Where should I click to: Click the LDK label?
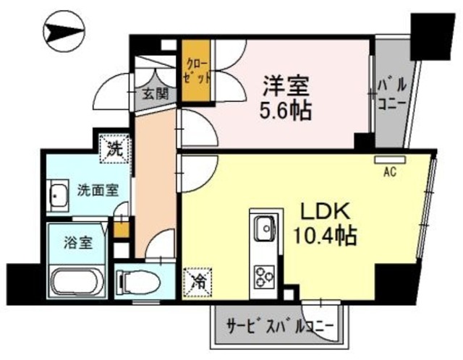tap(326, 211)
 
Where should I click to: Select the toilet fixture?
tap(137, 281)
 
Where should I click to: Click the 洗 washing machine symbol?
tap(115, 150)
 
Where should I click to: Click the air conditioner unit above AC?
tap(390, 159)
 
